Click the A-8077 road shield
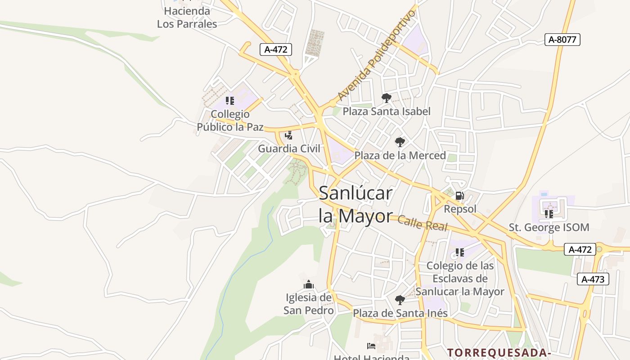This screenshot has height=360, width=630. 562,40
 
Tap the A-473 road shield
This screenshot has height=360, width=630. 593,279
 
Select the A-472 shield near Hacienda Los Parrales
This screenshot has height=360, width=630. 276,49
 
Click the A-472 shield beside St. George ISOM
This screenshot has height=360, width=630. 580,249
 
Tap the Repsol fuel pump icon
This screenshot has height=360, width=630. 459,196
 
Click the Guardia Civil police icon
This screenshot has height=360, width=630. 288,135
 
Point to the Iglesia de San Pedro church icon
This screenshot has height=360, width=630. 309,284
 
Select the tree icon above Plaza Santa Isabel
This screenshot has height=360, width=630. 386,98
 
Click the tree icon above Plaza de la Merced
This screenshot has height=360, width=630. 400,142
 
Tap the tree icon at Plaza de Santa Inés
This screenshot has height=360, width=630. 400,300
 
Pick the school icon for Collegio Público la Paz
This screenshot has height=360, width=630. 230,100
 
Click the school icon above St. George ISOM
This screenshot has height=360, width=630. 549,214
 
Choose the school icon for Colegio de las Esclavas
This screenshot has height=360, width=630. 459,252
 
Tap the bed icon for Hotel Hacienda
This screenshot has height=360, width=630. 371,346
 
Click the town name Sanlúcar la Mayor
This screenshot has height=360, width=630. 355,205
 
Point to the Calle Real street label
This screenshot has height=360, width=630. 423,223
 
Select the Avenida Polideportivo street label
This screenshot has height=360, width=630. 377,55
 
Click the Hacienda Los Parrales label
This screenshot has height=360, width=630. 187,17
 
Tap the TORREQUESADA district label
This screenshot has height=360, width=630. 499,352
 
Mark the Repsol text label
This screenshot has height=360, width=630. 460,209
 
